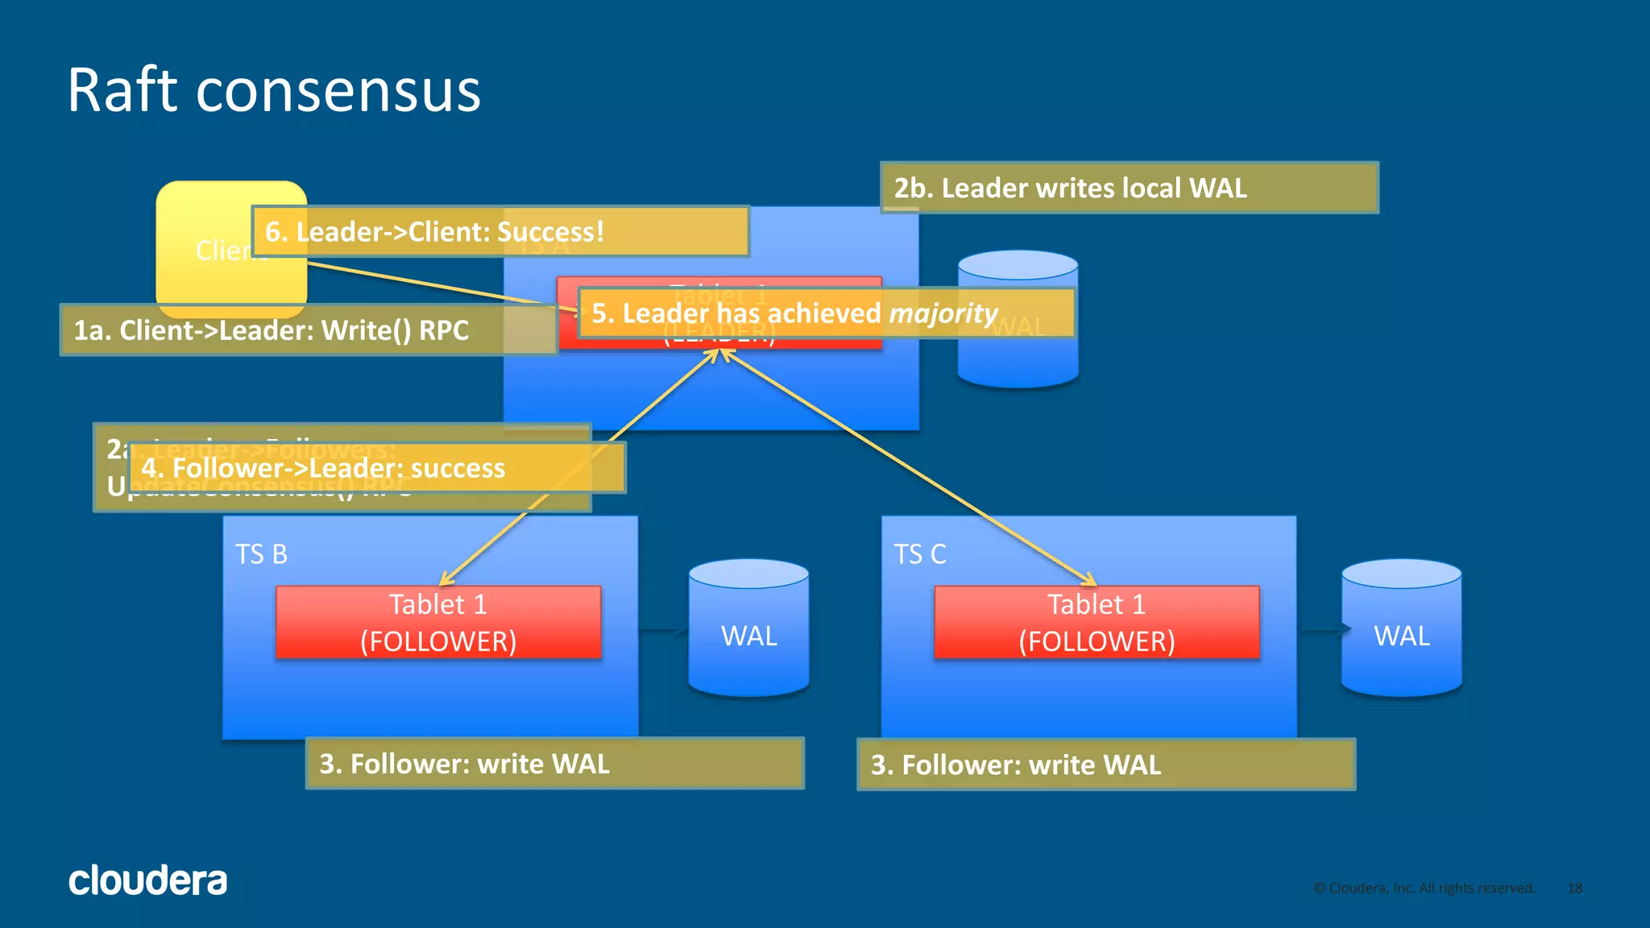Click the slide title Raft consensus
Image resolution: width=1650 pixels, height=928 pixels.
[274, 90]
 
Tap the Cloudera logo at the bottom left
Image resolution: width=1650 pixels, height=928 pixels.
[147, 880]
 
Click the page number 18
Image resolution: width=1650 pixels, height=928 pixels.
[1574, 888]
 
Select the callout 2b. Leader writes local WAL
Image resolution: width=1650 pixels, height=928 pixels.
[1128, 188]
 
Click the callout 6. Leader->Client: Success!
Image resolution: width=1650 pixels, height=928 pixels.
[500, 231]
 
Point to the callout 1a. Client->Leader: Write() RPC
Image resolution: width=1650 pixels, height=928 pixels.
[306, 330]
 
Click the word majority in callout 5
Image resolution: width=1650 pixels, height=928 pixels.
[943, 313]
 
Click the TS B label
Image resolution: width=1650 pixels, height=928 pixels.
[261, 554]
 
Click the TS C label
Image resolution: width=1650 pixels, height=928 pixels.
[919, 554]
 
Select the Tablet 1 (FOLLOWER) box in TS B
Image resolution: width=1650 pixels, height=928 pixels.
[438, 623]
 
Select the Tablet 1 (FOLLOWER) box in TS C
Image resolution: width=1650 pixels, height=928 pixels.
[1097, 623]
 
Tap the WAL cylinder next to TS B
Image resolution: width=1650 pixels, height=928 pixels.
[748, 628]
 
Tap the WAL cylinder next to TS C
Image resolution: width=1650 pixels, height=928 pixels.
[1401, 628]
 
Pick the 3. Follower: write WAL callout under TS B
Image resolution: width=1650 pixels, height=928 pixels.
[554, 764]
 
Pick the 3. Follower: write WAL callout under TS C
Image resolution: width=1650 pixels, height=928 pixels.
[1105, 764]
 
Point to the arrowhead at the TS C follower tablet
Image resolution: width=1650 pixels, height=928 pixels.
[1091, 581]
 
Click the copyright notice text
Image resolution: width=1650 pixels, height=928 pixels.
[1424, 888]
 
